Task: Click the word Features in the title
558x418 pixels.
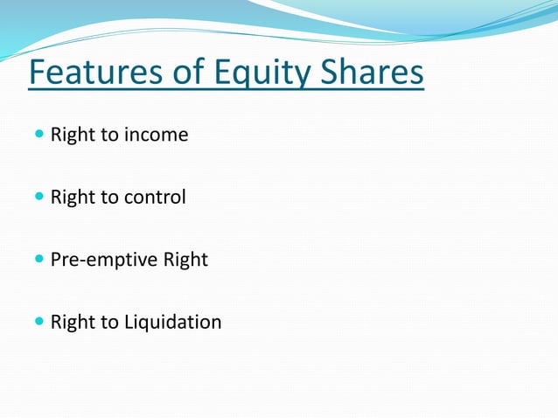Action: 94,73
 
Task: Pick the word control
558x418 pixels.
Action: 155,198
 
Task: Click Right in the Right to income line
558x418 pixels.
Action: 73,136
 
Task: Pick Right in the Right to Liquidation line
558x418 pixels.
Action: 73,323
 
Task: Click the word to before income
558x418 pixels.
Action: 109,136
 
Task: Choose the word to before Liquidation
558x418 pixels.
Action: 109,323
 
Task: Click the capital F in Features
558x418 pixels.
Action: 38,73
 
